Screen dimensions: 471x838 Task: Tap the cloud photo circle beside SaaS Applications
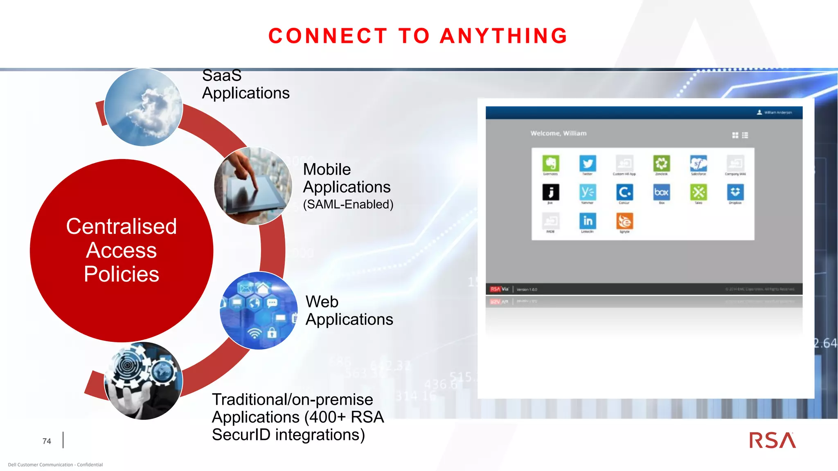click(143, 108)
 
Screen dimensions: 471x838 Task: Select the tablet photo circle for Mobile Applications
click(253, 186)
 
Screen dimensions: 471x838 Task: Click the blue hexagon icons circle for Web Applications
click(259, 311)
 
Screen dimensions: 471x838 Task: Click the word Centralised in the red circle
click(122, 227)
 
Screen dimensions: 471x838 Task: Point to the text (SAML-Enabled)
click(348, 204)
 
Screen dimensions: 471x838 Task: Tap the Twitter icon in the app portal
click(588, 164)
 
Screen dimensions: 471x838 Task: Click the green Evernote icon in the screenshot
click(551, 164)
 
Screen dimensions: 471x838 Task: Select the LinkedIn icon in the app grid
click(588, 221)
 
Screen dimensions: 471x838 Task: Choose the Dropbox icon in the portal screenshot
click(735, 192)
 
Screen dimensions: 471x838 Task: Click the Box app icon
click(661, 192)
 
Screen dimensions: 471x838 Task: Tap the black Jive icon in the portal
click(551, 192)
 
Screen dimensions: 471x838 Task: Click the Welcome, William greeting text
click(558, 133)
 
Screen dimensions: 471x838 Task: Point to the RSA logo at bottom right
click(772, 440)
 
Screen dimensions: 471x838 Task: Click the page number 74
click(47, 441)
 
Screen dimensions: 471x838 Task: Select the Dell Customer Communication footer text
click(55, 464)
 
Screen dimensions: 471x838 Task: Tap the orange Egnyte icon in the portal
click(624, 221)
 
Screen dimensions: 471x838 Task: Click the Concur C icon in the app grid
click(624, 192)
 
